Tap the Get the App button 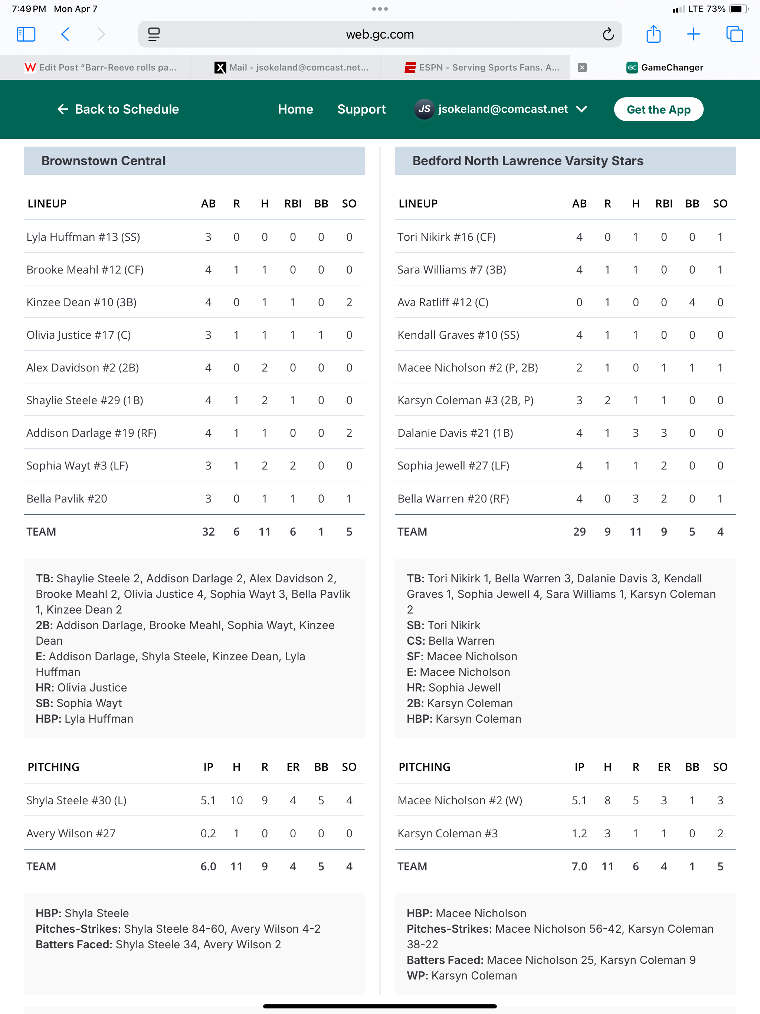pyautogui.click(x=658, y=109)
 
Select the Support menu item pyautogui.click(x=361, y=109)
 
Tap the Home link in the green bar pyautogui.click(x=295, y=109)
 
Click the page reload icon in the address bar pyautogui.click(x=608, y=35)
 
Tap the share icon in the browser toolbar pyautogui.click(x=653, y=35)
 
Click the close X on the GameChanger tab pyautogui.click(x=582, y=68)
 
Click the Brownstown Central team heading pyautogui.click(x=103, y=161)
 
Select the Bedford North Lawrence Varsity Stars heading pyautogui.click(x=528, y=161)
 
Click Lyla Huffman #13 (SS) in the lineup pyautogui.click(x=83, y=237)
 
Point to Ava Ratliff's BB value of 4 pyautogui.click(x=692, y=302)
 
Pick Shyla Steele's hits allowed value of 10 pyautogui.click(x=236, y=800)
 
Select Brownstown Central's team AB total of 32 pyautogui.click(x=208, y=532)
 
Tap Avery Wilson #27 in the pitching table pyautogui.click(x=71, y=833)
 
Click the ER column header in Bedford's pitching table pyautogui.click(x=664, y=767)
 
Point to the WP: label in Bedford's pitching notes pyautogui.click(x=417, y=975)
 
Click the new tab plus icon pyautogui.click(x=694, y=35)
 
